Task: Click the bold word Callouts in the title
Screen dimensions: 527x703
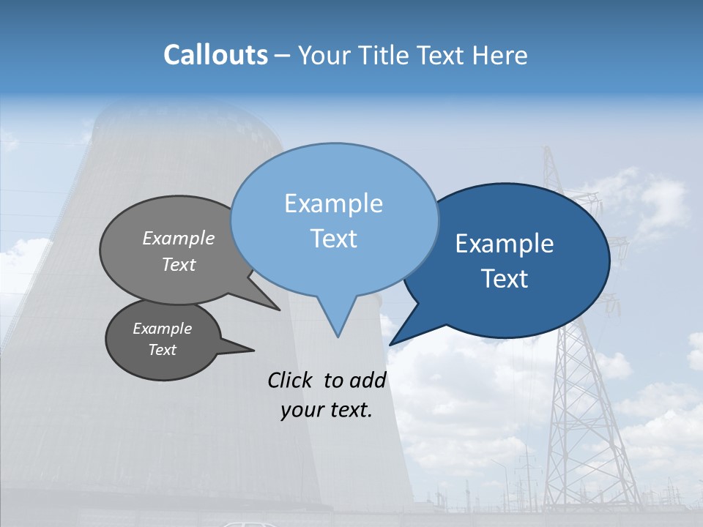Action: tap(215, 55)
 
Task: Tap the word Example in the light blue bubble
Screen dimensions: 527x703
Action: tap(333, 203)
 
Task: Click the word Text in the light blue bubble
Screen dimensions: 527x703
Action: tap(333, 239)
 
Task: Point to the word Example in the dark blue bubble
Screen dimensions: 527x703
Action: tap(505, 244)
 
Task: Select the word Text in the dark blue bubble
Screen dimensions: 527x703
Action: tap(505, 279)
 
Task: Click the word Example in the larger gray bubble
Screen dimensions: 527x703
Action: tap(179, 239)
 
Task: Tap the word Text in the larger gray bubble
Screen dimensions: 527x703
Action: tap(179, 265)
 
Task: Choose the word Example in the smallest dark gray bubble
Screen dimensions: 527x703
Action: tap(162, 329)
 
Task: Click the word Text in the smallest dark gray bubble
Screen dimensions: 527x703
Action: tap(162, 350)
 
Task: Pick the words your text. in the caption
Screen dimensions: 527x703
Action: tap(327, 410)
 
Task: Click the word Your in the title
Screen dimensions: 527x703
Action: tap(322, 55)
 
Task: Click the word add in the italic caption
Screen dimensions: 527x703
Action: tap(368, 380)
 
